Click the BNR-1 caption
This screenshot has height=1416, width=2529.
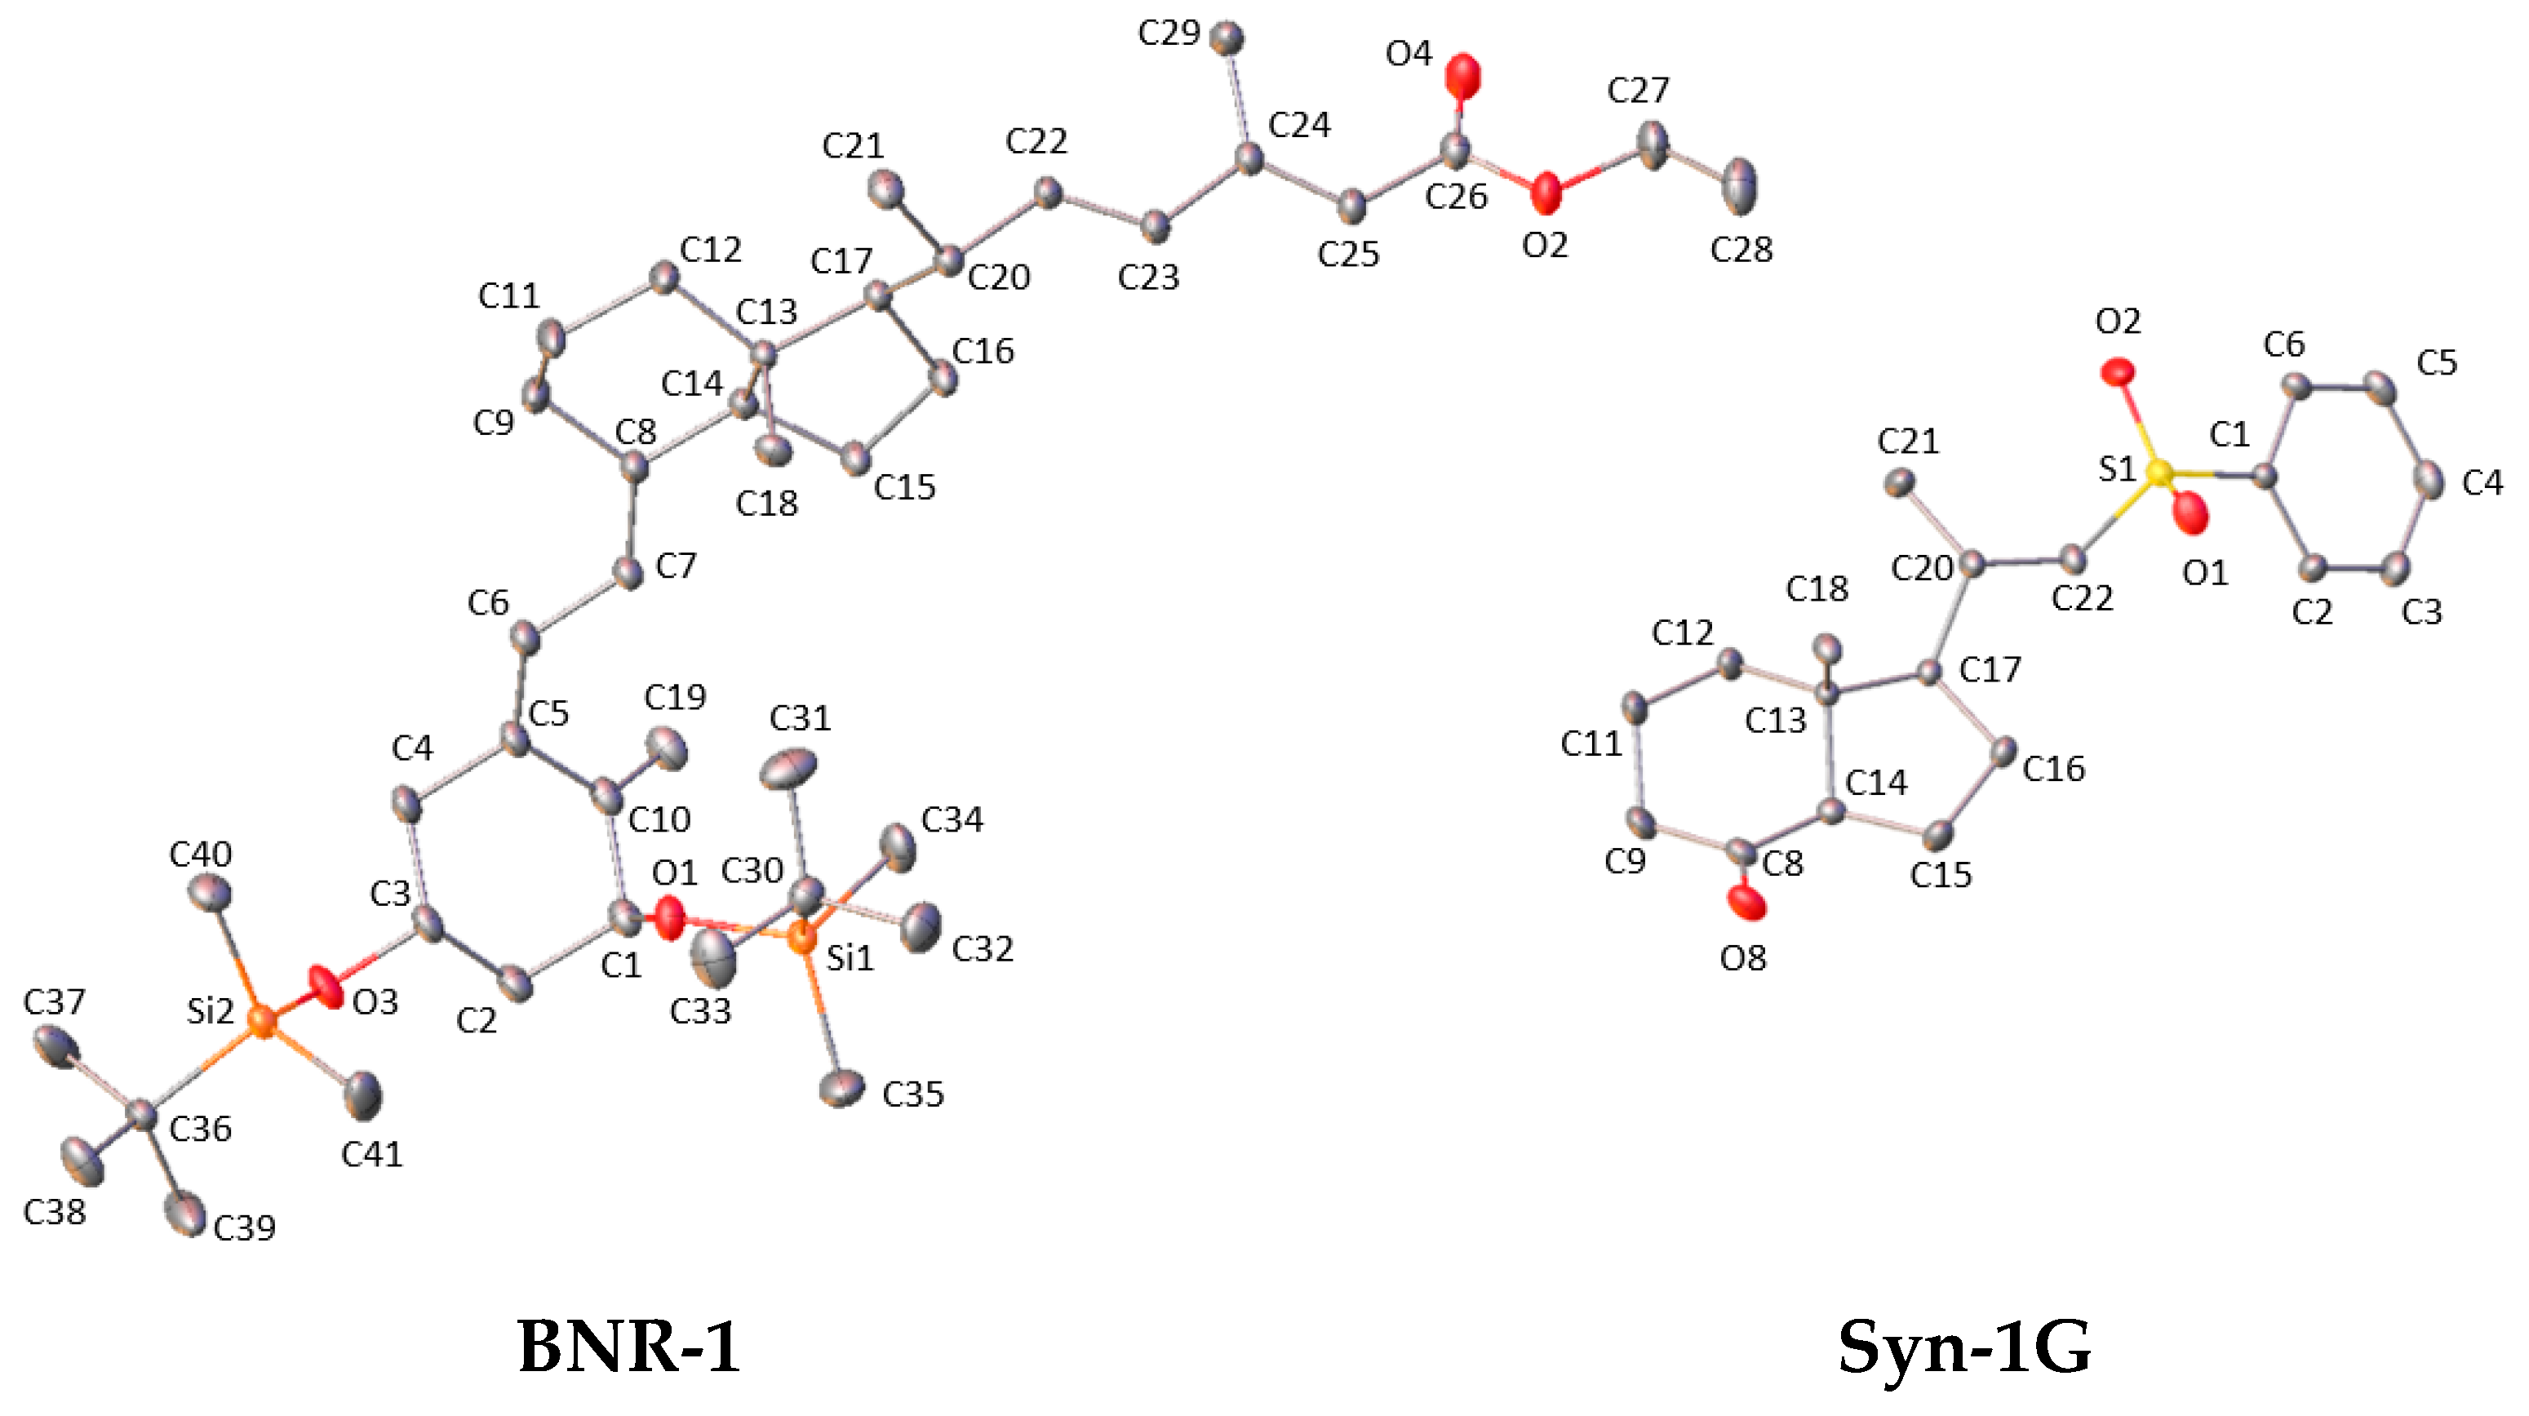tap(628, 1347)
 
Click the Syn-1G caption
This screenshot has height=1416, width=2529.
tap(1964, 1347)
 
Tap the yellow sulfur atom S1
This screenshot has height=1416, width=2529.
tap(2159, 473)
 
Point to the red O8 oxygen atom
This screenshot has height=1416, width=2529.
tap(1746, 902)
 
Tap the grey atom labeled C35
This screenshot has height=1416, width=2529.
tap(842, 1087)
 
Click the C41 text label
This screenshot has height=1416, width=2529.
tap(372, 1155)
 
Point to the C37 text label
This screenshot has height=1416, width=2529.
tap(54, 1002)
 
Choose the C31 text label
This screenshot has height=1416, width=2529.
tap(800, 719)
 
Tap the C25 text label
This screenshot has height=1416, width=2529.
tap(1348, 255)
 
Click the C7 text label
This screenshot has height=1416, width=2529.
tap(677, 566)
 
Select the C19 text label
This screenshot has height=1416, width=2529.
tap(676, 698)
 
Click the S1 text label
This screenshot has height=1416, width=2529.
tap(2117, 469)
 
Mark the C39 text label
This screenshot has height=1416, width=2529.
tap(245, 1227)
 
